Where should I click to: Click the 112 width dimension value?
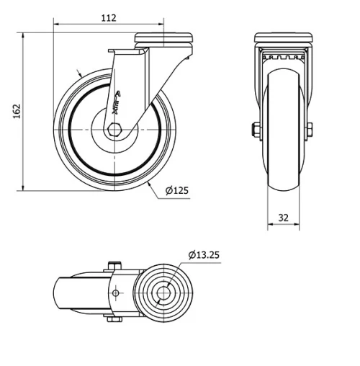point(109,18)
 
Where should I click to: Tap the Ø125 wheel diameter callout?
point(176,191)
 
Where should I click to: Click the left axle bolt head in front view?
point(255,130)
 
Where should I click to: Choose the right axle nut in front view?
point(309,130)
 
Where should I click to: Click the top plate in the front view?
point(282,37)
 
